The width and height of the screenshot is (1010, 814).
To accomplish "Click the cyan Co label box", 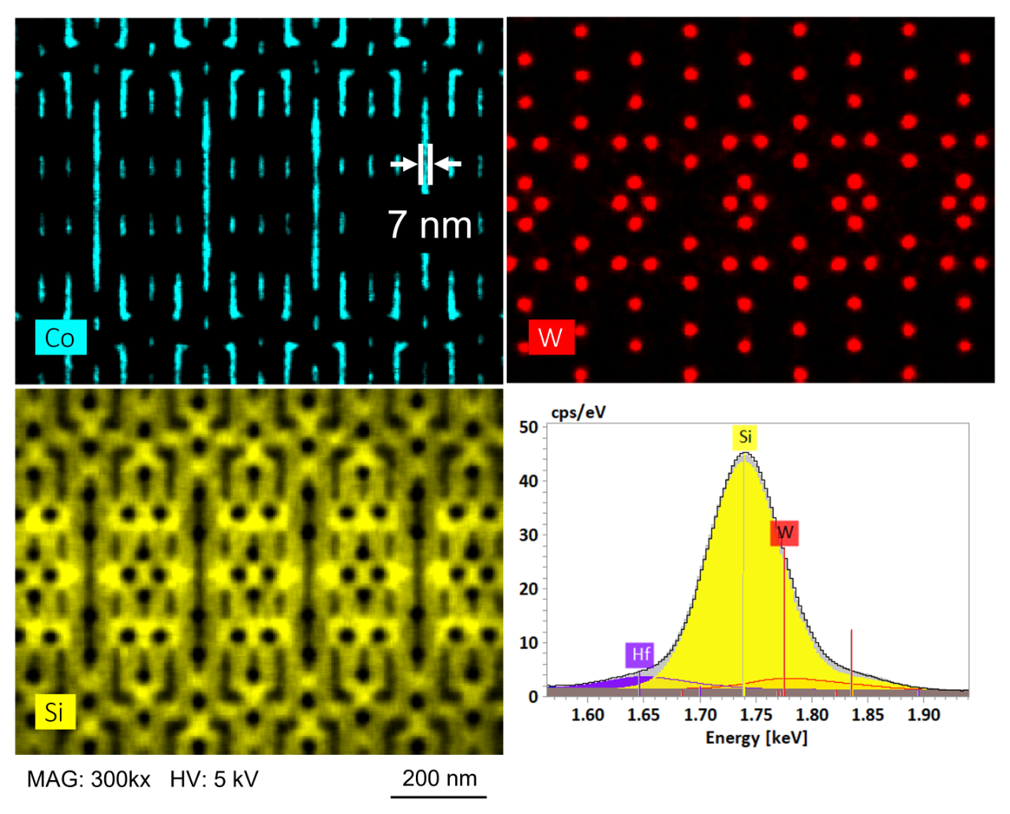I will pos(60,338).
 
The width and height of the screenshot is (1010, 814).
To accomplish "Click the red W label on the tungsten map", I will pos(550,338).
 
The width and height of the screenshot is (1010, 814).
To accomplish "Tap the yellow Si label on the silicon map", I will pos(54,712).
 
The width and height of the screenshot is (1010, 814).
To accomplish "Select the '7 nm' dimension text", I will pos(429,225).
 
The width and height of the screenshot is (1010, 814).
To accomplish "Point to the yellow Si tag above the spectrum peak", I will pos(745,437).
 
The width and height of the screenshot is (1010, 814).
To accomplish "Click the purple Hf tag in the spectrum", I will pos(640,654).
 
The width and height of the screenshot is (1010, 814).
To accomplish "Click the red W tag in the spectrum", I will pos(784,532).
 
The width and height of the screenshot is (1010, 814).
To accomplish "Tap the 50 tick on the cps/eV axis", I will pos(528,427).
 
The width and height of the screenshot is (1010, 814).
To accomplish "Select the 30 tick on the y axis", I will pos(528,535).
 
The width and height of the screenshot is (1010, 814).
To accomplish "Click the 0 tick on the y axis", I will pos(533,696).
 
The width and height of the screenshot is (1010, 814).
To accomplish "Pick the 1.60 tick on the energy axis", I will pos(587,715).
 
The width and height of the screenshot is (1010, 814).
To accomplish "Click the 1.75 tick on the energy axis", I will pos(755,715).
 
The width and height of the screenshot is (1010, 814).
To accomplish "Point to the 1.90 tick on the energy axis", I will pos(923,715).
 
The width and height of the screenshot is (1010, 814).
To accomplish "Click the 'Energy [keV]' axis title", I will pos(756,737).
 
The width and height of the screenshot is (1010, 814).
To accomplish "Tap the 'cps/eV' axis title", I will pos(578,411).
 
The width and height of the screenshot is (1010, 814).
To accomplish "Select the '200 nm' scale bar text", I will pos(440,778).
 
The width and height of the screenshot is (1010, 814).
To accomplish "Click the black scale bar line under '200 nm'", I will pos(439,797).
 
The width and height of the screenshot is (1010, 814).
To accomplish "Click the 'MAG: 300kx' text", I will pos(88,779).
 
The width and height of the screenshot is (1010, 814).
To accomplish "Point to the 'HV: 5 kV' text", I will pos(214,779).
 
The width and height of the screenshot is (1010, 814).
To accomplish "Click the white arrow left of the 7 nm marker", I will pos(404,164).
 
